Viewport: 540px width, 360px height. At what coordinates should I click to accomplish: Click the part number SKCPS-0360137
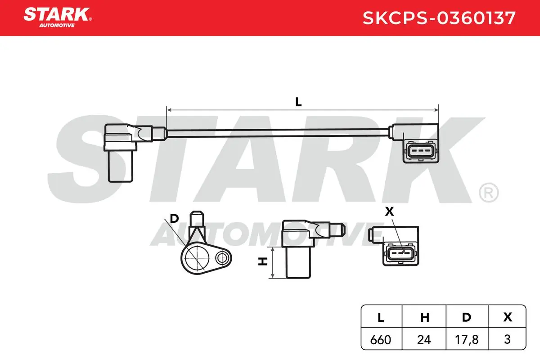[x=439, y=18]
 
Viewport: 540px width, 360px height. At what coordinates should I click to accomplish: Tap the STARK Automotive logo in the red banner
[x=58, y=18]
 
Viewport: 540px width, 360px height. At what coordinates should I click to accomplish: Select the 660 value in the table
[x=381, y=340]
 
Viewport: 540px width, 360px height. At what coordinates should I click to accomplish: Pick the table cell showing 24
[x=424, y=340]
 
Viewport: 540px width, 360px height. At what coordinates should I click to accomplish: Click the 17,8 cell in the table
[x=467, y=340]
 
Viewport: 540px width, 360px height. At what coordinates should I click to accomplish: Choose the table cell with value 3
[x=507, y=339]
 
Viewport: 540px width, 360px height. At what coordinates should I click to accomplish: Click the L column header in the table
[x=381, y=318]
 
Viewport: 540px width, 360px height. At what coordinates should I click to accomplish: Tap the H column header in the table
[x=425, y=318]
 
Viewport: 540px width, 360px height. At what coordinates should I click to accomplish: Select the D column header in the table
[x=467, y=317]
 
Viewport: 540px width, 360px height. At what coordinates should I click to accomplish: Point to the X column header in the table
[x=508, y=317]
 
